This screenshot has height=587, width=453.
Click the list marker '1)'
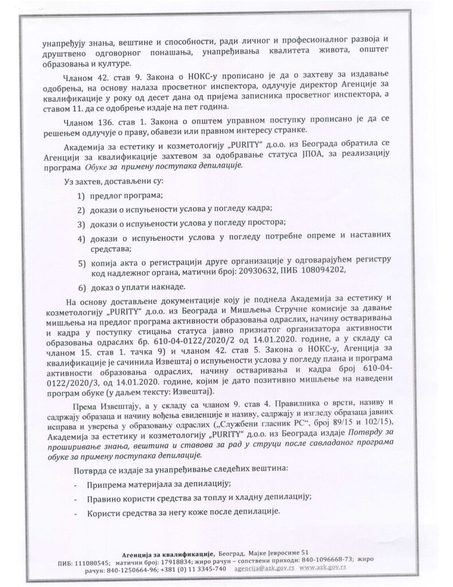click(x=82, y=195)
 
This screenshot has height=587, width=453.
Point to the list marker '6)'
click(x=82, y=287)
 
